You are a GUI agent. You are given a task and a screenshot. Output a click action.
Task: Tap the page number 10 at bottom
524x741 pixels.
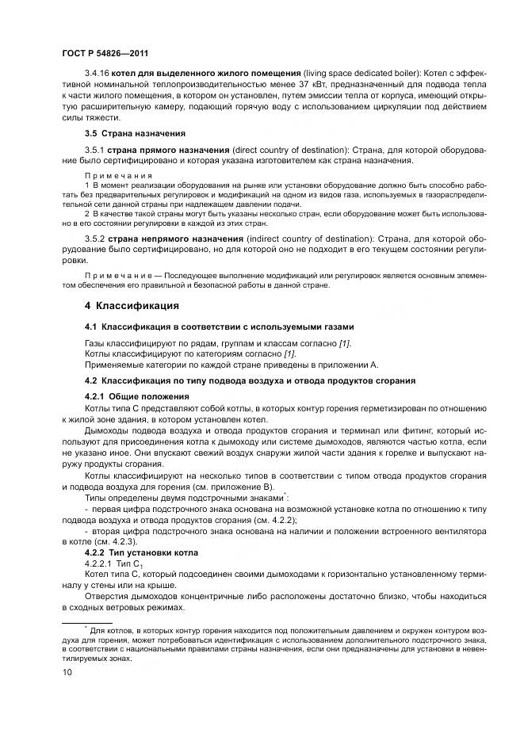pyautogui.click(x=67, y=672)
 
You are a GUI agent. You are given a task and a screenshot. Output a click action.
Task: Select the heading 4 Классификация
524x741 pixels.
pyautogui.click(x=132, y=306)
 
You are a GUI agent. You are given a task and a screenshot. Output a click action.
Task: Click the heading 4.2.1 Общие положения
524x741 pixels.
pyautogui.click(x=136, y=395)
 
